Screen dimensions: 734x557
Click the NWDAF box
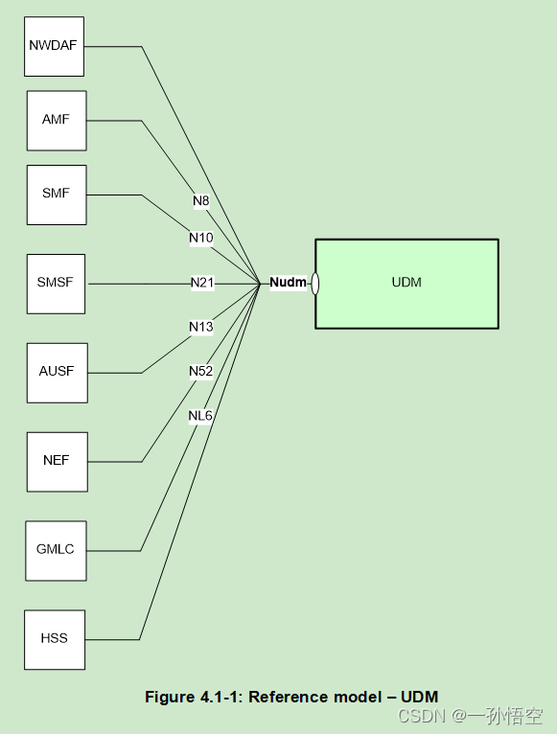tap(54, 46)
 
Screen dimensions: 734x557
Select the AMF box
tap(56, 121)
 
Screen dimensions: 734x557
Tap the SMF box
tap(56, 195)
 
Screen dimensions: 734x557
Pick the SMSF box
tap(56, 284)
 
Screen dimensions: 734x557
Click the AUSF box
tap(57, 372)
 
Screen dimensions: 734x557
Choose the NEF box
tap(57, 461)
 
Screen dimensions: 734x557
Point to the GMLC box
tap(56, 550)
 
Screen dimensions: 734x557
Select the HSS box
tap(55, 639)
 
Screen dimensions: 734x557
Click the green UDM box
tap(406, 283)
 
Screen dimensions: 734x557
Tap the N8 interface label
tap(200, 201)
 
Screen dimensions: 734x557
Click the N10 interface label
tap(200, 238)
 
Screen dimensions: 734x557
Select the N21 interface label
tap(202, 283)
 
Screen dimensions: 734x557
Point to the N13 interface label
tap(200, 327)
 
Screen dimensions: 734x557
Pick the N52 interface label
tap(200, 371)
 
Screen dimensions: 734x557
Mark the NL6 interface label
tap(200, 415)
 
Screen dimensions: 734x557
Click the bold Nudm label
tap(288, 283)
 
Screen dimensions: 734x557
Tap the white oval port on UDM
tap(314, 284)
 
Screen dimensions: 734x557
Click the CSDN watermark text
tap(419, 717)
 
